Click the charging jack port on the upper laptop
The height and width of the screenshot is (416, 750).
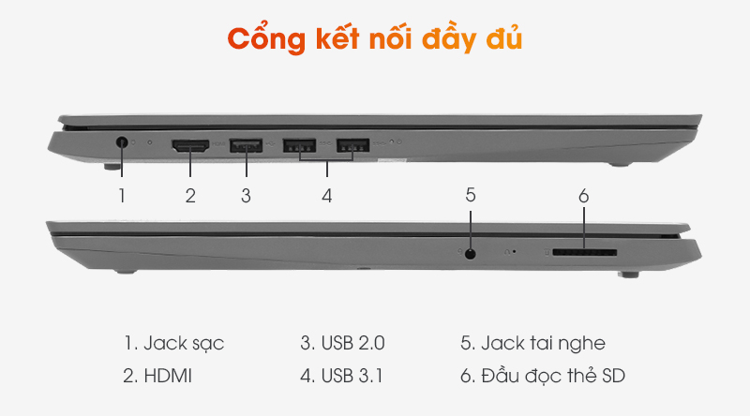tap(123, 144)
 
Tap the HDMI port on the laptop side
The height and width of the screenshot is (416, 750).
tap(190, 145)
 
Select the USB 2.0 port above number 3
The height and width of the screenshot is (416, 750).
tap(246, 145)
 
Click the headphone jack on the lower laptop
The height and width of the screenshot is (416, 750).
tap(471, 252)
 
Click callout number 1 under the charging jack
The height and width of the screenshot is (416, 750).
tap(122, 196)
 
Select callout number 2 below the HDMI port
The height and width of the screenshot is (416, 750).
tap(190, 196)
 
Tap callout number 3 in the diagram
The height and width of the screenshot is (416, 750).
tap(246, 196)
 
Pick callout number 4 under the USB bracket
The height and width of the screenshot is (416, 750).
tap(326, 196)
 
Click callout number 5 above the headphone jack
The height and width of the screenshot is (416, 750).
tap(471, 195)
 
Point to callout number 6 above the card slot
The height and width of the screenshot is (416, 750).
tap(583, 196)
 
